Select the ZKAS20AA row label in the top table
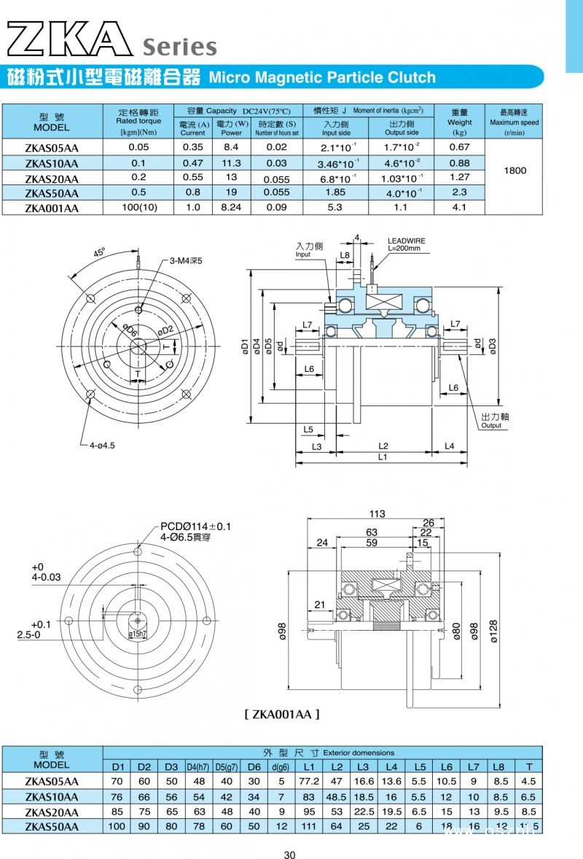[x=51, y=179]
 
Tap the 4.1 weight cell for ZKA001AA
[x=459, y=207]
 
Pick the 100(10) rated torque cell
[x=138, y=207]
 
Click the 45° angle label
[x=99, y=253]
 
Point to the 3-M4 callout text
[x=185, y=260]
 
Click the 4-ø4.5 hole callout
[x=101, y=445]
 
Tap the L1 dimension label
[x=383, y=457]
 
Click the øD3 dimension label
[x=493, y=343]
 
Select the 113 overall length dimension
[x=377, y=514]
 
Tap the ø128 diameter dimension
[x=493, y=631]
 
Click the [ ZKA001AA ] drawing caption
[x=281, y=715]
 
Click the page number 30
[x=290, y=855]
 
